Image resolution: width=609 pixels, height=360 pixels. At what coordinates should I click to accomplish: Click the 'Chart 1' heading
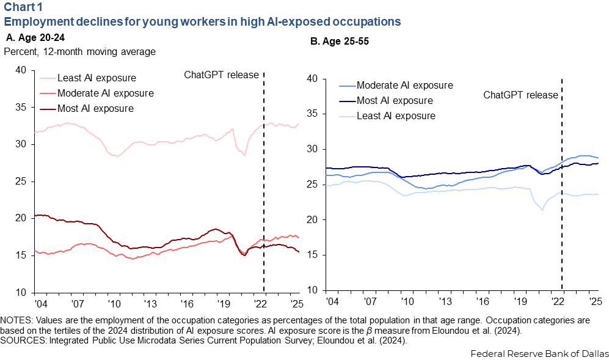click(23, 7)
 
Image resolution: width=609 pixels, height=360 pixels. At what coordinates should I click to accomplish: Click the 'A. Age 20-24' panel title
click(32, 37)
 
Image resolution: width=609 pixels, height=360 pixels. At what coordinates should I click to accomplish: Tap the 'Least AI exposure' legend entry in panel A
click(96, 78)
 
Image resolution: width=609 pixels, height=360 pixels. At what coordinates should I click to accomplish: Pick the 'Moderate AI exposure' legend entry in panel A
click(105, 94)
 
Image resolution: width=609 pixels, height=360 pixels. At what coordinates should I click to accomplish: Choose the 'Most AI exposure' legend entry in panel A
click(95, 109)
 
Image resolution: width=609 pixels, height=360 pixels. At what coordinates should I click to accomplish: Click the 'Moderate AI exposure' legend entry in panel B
click(404, 85)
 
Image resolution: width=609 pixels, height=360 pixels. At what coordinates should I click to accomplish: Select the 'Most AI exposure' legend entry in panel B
click(394, 100)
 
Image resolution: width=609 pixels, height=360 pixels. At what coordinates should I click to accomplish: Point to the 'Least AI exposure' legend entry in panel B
click(395, 116)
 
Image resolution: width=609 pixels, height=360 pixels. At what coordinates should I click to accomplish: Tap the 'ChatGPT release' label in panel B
click(520, 95)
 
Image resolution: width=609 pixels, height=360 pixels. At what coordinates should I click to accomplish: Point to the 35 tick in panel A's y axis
click(20, 107)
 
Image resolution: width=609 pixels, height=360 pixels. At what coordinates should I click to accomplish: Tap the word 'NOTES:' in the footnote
click(18, 320)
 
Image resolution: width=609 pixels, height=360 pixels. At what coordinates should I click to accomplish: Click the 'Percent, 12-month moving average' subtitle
click(79, 51)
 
